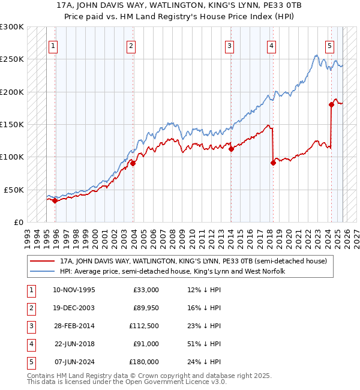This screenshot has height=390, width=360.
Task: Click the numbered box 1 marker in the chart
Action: pyautogui.click(x=53, y=45)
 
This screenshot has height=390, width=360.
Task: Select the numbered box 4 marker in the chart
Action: pyautogui.click(x=272, y=45)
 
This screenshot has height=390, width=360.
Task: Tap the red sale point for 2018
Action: pyautogui.click(x=273, y=163)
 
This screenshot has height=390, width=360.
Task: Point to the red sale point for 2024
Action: pyautogui.click(x=331, y=105)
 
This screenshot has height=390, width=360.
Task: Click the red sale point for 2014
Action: pyautogui.click(x=231, y=149)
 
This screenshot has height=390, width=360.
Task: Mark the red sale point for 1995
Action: pyautogui.click(x=55, y=200)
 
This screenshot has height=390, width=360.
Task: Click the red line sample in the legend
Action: pyautogui.click(x=43, y=261)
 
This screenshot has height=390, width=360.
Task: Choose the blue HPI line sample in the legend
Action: pyautogui.click(x=43, y=271)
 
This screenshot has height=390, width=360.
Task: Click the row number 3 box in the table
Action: pyautogui.click(x=29, y=326)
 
